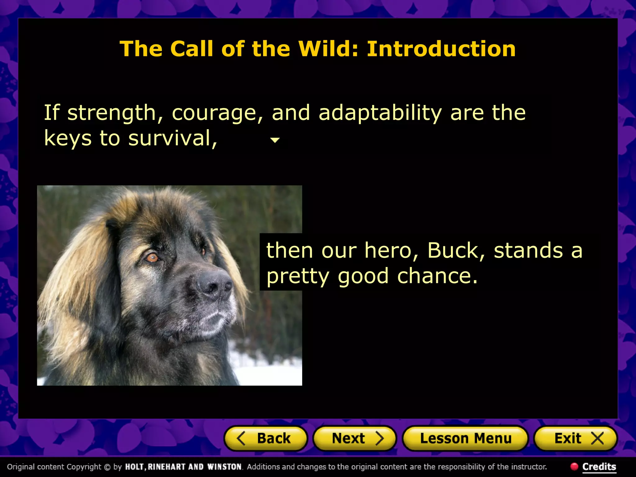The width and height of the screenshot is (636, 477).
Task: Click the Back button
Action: pos(266,438)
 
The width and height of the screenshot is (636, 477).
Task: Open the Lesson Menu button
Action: pos(465,438)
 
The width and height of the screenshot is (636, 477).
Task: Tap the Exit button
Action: pos(575,438)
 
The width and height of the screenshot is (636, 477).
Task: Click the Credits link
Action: pos(599,467)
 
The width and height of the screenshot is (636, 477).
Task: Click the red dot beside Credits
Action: pos(574,466)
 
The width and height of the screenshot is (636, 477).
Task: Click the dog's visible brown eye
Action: pos(152,257)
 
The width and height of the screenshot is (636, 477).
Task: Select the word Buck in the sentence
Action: pos(456,250)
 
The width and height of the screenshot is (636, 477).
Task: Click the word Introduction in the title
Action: pos(441,49)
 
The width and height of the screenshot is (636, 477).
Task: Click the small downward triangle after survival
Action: pos(275,140)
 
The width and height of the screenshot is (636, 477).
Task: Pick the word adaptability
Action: pos(380,113)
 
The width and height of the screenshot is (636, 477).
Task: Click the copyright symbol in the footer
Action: pos(107,467)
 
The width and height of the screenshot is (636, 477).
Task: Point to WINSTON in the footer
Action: pos(225,467)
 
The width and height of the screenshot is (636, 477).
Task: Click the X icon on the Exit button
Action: pos(597,438)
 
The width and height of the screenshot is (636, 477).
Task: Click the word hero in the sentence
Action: pos(391,250)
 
